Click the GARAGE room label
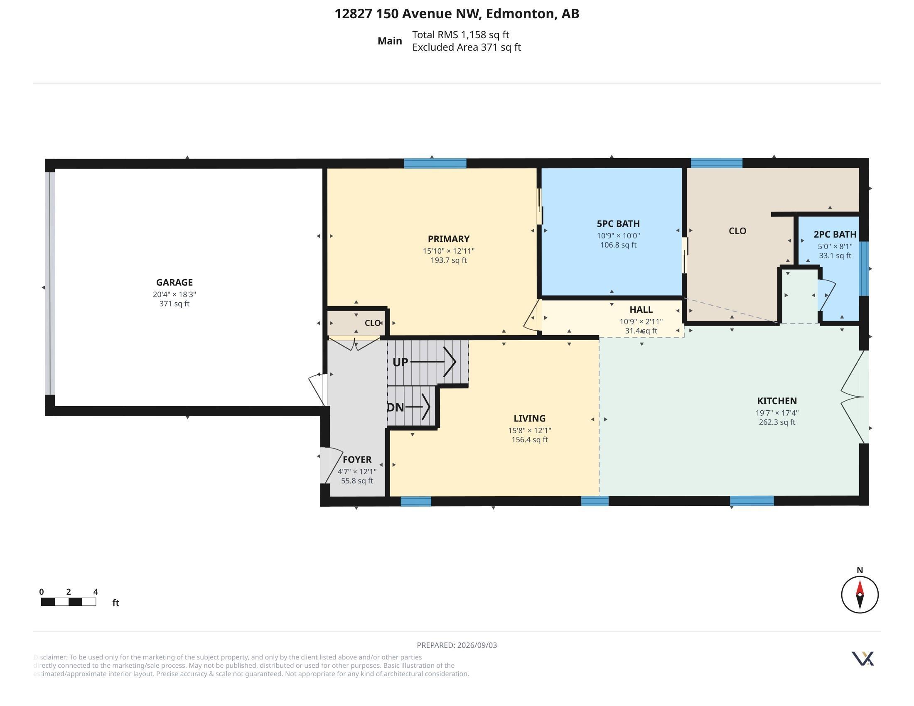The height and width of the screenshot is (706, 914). tap(174, 282)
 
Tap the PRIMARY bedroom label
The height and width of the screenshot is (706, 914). tap(449, 239)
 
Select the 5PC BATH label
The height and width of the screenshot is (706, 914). tap(618, 224)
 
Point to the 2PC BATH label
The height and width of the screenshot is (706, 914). tap(835, 234)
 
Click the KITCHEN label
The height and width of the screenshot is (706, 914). tap(777, 401)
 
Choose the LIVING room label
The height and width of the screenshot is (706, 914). tap(529, 418)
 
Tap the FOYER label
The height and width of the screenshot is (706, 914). tap(357, 459)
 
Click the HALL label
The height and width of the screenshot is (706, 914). tap(641, 309)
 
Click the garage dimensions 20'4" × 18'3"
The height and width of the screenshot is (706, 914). tap(174, 294)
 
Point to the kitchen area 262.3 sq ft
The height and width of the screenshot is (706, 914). tap(777, 422)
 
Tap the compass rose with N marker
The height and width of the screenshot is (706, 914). tap(860, 594)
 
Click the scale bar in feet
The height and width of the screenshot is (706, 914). tap(69, 602)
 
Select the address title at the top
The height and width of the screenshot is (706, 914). tap(457, 14)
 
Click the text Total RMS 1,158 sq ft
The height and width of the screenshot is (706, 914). tap(461, 35)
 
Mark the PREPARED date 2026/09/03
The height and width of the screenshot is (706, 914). tap(457, 645)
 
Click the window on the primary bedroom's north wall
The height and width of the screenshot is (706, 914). tap(435, 163)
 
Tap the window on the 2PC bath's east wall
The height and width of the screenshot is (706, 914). tap(864, 269)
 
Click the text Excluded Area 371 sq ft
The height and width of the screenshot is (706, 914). tap(467, 47)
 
